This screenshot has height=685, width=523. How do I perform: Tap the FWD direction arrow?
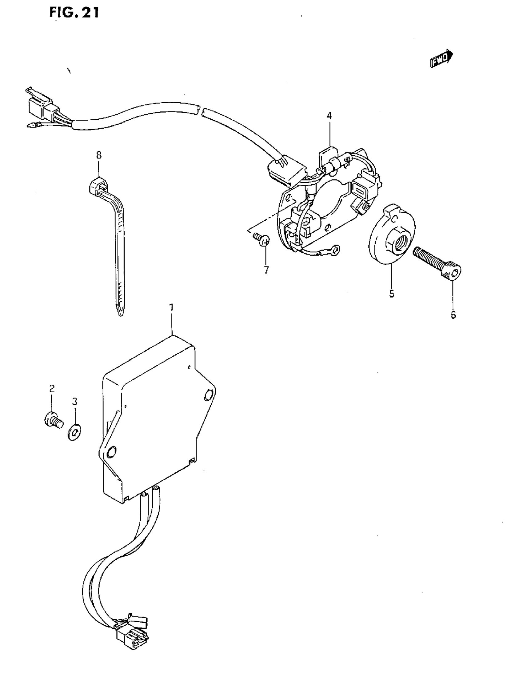(441, 58)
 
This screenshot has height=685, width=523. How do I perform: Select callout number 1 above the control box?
(172, 307)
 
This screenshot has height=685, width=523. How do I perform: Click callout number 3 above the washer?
(75, 402)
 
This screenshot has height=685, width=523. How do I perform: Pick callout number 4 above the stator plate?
(329, 116)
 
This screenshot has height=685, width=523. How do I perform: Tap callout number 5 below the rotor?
(392, 293)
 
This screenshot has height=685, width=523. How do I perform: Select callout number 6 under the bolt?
(453, 315)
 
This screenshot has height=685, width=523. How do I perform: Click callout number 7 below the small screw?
(266, 270)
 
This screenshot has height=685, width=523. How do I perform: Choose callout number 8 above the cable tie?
(99, 155)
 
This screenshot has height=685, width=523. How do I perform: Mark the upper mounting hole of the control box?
(208, 396)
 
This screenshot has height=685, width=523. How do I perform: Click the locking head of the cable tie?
(98, 186)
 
